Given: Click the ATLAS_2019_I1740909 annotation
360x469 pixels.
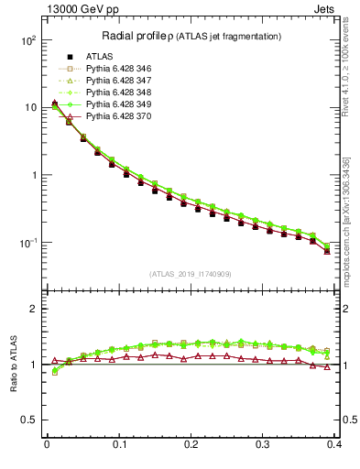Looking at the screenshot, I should coord(191,274).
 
